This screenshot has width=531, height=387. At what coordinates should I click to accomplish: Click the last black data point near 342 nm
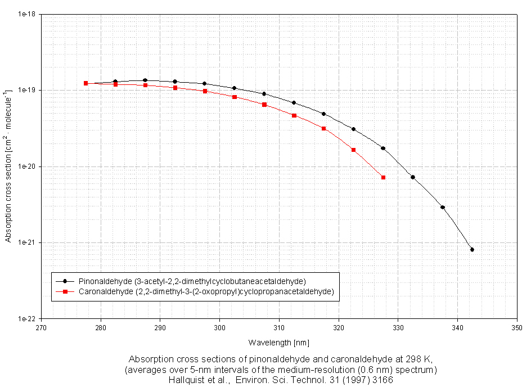click(x=472, y=249)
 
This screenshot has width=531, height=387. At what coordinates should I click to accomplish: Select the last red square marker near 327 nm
click(x=383, y=177)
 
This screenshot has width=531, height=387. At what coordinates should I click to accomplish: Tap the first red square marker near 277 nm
click(x=86, y=83)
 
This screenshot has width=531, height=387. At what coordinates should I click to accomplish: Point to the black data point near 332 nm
click(x=413, y=177)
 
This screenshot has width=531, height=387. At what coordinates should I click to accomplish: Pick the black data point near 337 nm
click(x=443, y=207)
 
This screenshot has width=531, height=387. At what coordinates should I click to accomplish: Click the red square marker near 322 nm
click(x=353, y=150)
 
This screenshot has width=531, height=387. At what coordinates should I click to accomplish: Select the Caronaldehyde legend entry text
click(x=206, y=291)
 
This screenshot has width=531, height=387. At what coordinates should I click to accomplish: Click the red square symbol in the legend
click(x=65, y=291)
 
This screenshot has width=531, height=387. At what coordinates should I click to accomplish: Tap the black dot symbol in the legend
click(x=65, y=281)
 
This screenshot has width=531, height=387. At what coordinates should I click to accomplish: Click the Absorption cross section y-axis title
click(x=8, y=166)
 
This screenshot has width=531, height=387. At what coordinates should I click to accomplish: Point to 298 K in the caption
click(x=418, y=359)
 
